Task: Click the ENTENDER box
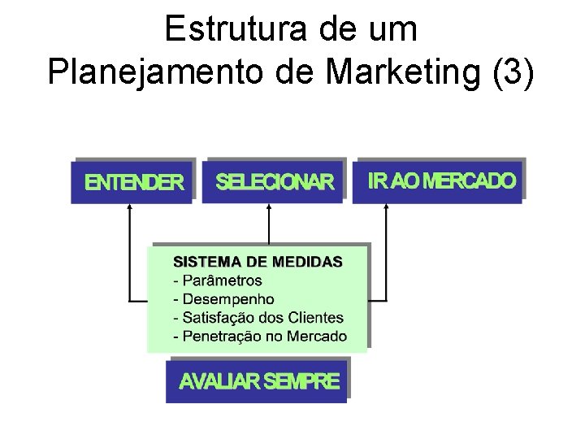point(135,182)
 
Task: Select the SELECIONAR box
point(275,181)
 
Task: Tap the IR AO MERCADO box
point(441,180)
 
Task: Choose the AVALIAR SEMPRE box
point(259,381)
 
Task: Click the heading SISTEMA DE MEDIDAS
point(258,262)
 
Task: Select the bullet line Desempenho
point(224,299)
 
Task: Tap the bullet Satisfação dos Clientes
point(258,318)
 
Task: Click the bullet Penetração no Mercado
point(260,337)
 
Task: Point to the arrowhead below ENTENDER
point(129,209)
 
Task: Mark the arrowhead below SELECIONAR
point(270,209)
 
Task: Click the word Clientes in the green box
point(318,318)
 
